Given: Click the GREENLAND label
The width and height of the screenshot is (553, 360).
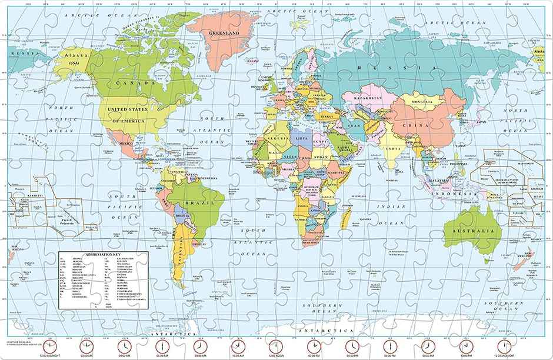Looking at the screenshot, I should click(224, 34).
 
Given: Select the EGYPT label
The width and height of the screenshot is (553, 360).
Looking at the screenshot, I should click(319, 141).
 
